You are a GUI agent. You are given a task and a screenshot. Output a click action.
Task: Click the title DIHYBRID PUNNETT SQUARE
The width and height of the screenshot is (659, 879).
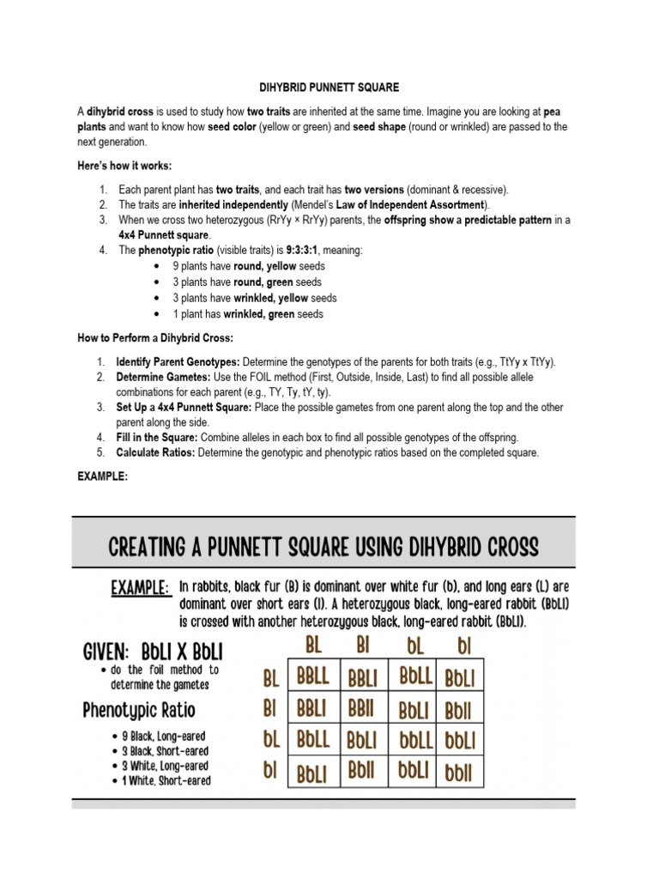click(x=329, y=88)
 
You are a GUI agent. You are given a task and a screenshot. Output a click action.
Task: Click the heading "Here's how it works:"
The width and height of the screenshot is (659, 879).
click(x=124, y=166)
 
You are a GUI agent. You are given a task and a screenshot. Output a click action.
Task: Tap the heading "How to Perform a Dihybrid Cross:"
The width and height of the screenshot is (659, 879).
click(x=154, y=338)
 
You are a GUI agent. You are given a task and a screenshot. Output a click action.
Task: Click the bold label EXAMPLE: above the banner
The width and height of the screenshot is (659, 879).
click(x=102, y=477)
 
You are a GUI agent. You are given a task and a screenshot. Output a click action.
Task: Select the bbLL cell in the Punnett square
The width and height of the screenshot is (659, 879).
click(x=415, y=739)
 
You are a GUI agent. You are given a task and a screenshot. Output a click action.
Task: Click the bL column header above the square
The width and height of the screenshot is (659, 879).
click(x=414, y=644)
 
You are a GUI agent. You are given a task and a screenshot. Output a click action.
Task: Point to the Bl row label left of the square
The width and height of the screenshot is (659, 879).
click(x=270, y=709)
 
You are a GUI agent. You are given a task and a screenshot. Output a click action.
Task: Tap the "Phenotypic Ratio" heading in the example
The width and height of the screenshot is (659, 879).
click(x=139, y=711)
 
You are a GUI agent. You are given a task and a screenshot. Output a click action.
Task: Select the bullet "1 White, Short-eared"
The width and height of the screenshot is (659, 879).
click(x=166, y=780)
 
